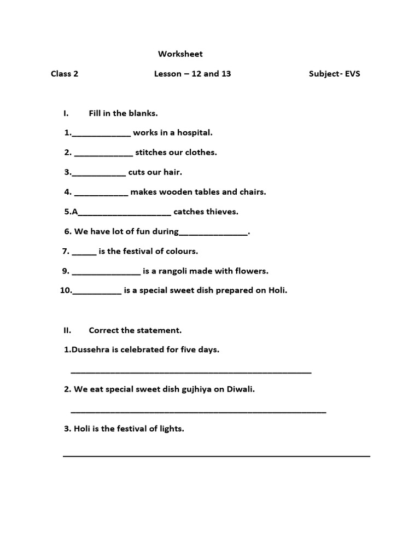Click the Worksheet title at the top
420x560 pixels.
click(180, 54)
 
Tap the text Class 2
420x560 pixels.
click(65, 74)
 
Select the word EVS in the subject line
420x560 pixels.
click(352, 74)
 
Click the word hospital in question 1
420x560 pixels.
click(194, 133)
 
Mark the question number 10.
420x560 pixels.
click(66, 291)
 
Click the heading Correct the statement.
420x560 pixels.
click(135, 330)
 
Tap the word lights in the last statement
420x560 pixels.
click(171, 429)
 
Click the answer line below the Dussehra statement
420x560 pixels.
click(191, 372)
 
